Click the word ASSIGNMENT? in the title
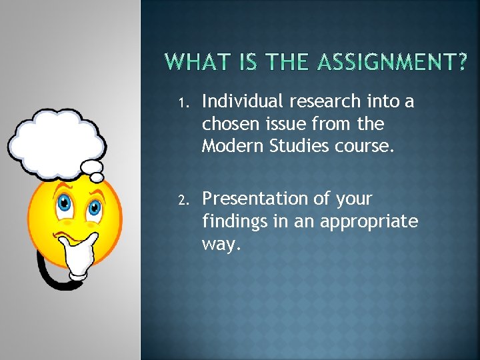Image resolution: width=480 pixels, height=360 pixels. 392,63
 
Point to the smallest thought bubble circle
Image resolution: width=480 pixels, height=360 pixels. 97,177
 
